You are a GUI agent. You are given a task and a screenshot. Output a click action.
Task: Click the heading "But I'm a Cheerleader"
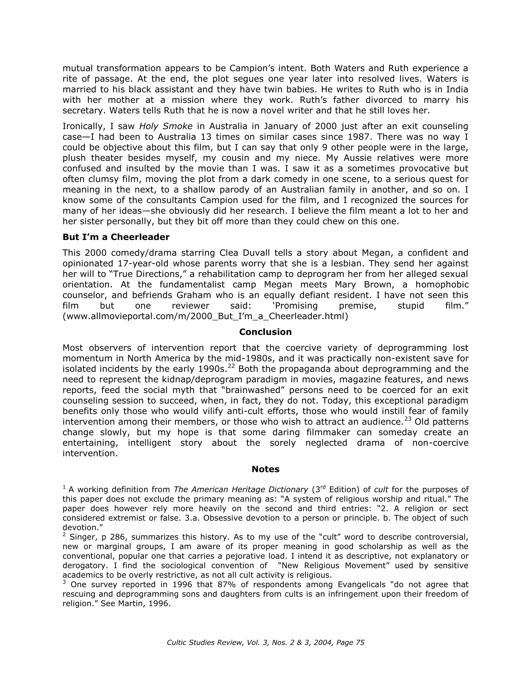coord(116,237)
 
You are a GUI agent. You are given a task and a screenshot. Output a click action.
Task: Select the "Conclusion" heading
coord(265,332)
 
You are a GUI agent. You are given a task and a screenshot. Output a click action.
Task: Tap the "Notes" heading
coord(265,469)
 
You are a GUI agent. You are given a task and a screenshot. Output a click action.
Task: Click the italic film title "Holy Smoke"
coord(165,126)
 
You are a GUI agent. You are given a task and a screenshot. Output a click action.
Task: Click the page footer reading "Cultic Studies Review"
coord(265,643)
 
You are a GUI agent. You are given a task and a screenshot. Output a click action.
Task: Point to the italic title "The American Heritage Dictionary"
coord(241,490)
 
